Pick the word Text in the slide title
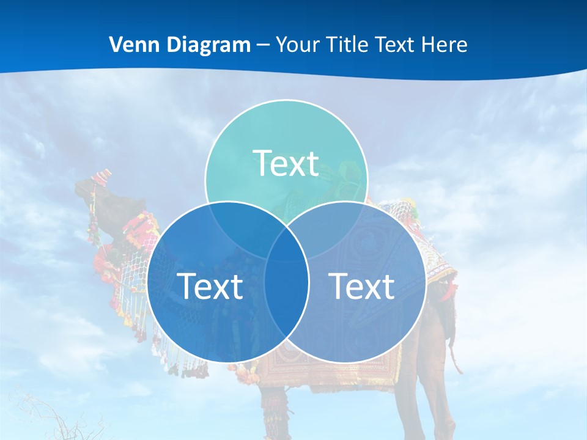(x=394, y=45)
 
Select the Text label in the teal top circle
(x=286, y=163)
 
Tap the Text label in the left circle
(x=210, y=285)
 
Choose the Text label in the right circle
(x=362, y=285)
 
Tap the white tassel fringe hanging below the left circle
(x=183, y=361)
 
